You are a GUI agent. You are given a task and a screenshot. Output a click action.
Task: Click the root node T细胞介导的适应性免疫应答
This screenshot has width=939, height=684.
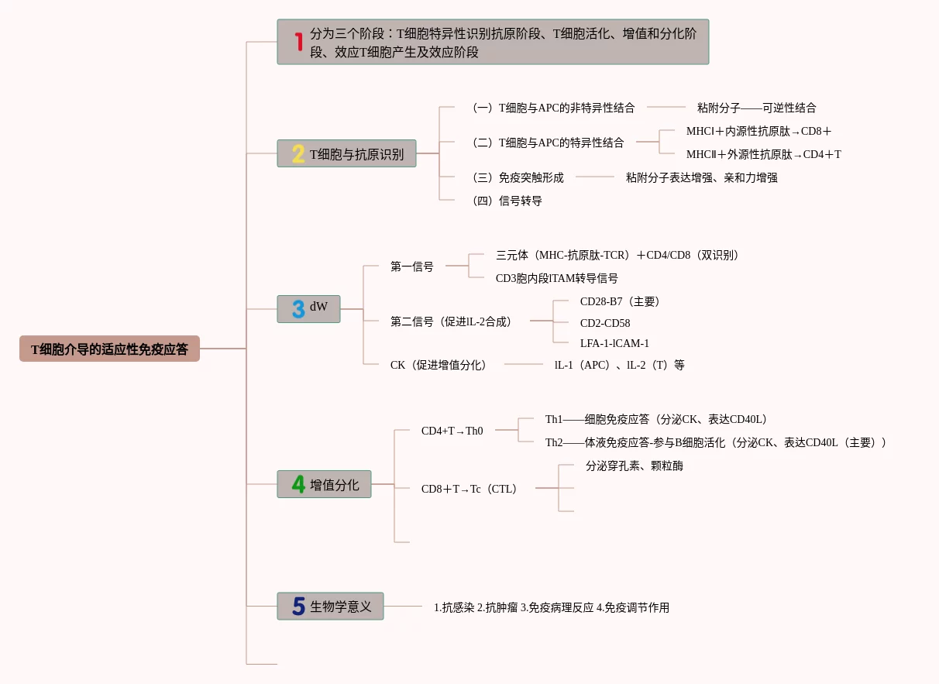[x=109, y=349]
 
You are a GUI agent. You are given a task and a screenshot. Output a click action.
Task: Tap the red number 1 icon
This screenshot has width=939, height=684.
[x=298, y=41]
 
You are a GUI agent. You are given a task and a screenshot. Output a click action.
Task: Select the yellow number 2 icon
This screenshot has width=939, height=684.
[x=298, y=154]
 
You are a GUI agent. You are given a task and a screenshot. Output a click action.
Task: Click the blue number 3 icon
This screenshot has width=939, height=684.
[x=298, y=309]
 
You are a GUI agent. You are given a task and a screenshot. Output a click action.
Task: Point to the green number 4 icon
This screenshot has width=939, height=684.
[x=298, y=484]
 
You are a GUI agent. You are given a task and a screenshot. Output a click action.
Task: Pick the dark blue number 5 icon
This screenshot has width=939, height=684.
[x=298, y=606]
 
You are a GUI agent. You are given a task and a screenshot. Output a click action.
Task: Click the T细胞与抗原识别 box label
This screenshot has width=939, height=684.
[x=356, y=154]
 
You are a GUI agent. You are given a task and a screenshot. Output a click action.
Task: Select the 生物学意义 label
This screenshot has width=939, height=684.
[x=341, y=606]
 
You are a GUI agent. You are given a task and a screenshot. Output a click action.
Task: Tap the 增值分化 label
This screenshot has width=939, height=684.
[x=335, y=485]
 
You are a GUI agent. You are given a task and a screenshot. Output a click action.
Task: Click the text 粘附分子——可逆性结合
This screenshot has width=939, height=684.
[x=756, y=108]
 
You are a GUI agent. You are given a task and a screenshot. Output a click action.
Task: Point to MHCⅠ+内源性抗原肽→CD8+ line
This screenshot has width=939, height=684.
[x=758, y=131]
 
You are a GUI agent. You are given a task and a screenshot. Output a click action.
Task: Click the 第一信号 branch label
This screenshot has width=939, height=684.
[x=411, y=266]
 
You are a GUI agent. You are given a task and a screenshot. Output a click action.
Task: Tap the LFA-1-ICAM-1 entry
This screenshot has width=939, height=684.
[x=614, y=343]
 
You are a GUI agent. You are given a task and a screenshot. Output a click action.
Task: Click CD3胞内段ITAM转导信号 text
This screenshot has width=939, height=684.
[x=556, y=278]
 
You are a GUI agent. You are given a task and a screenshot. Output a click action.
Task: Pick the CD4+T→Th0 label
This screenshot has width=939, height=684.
[x=452, y=431]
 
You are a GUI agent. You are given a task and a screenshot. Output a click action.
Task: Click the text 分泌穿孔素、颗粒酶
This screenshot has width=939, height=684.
[x=634, y=466]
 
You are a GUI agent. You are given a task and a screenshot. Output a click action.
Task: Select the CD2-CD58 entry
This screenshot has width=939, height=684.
[x=605, y=323]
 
